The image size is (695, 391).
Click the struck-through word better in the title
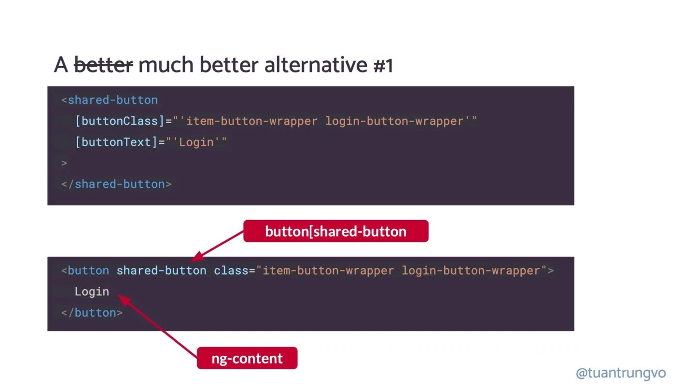click(103, 65)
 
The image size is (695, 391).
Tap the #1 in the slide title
click(383, 65)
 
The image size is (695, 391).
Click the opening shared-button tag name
click(112, 100)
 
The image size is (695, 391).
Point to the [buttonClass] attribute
click(120, 121)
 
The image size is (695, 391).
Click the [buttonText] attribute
click(116, 142)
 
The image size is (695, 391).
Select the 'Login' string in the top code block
click(196, 142)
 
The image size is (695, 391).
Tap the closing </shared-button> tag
click(116, 184)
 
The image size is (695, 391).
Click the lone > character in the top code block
click(64, 163)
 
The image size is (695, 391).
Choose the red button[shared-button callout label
click(335, 231)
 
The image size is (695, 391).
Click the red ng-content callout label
click(247, 358)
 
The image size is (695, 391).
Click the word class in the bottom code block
click(231, 270)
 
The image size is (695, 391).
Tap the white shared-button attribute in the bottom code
click(161, 270)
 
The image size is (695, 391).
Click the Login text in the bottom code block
click(92, 292)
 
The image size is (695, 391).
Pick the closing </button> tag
click(92, 312)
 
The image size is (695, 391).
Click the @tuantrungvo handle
click(621, 373)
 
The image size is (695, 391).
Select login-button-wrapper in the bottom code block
click(471, 270)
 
